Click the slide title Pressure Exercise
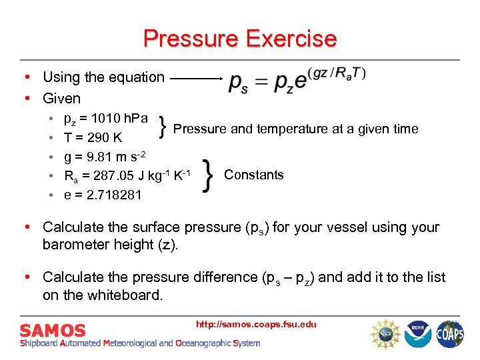point(239,38)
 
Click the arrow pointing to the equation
point(197,78)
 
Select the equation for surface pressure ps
point(297,79)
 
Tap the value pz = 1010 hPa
point(105,119)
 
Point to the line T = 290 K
point(93,138)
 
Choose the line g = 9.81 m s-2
point(104,157)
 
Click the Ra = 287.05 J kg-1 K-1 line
point(127,176)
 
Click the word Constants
point(254,175)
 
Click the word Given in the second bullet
point(61,98)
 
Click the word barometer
point(75,245)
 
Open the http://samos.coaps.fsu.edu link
point(256,325)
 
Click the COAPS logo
point(450,333)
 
